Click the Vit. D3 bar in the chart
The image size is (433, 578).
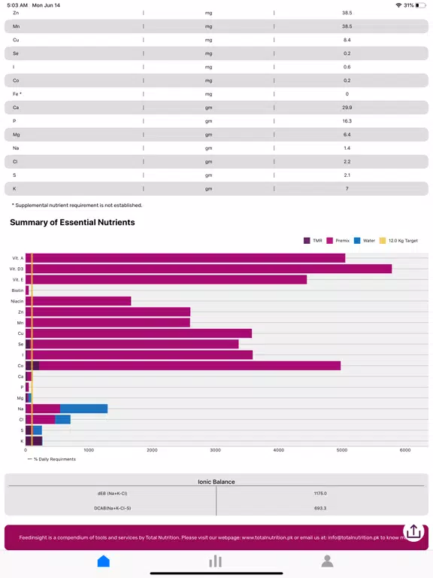click(208, 269)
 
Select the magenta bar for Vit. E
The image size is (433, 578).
click(166, 279)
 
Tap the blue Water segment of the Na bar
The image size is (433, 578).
click(83, 409)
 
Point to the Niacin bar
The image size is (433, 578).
click(78, 301)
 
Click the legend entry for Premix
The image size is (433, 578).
click(338, 241)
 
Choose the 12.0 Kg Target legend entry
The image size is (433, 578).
click(398, 241)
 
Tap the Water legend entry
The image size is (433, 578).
click(365, 241)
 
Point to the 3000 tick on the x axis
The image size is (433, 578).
click(216, 450)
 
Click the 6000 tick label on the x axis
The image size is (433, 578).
click(405, 450)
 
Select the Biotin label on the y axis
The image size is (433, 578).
click(17, 291)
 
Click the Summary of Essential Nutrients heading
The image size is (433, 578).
click(72, 222)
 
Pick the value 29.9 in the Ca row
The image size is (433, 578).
click(347, 108)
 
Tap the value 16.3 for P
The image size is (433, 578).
click(347, 121)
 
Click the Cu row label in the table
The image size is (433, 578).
click(16, 40)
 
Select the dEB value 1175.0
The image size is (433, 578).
click(320, 493)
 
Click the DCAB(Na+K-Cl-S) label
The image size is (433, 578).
click(112, 508)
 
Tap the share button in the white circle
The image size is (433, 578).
click(413, 531)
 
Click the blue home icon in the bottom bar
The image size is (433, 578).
click(104, 561)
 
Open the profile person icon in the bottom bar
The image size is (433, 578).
click(327, 561)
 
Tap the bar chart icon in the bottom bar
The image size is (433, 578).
click(216, 561)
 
